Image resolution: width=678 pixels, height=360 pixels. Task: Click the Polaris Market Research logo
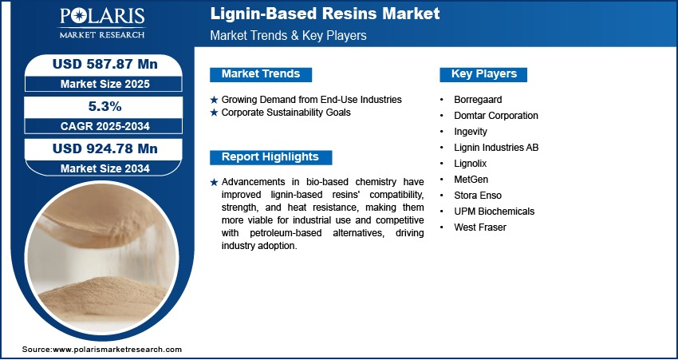[102, 22]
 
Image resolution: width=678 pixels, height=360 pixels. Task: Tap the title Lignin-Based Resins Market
[325, 14]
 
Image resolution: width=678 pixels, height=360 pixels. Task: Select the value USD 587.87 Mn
[105, 64]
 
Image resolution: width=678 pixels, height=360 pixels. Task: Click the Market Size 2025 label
[105, 84]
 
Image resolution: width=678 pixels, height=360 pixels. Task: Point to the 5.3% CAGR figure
[105, 106]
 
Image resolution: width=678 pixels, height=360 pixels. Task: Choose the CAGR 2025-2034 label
[105, 126]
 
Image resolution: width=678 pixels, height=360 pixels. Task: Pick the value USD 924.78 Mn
[105, 148]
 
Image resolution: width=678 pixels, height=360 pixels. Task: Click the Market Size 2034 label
[105, 168]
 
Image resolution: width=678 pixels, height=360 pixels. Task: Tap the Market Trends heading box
[261, 74]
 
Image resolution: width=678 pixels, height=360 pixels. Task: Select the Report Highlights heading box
[270, 157]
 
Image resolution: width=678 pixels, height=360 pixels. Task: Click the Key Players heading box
[483, 74]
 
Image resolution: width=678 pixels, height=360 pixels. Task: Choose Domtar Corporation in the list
[496, 116]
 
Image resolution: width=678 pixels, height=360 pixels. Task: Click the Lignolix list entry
[470, 164]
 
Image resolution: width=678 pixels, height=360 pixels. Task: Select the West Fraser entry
[480, 227]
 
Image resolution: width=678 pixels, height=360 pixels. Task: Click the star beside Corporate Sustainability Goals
[214, 113]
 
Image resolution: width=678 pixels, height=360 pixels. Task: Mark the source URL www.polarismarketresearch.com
[117, 350]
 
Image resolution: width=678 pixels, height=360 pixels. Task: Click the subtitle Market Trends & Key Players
[289, 35]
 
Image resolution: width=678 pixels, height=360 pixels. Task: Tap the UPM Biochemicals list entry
[495, 212]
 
